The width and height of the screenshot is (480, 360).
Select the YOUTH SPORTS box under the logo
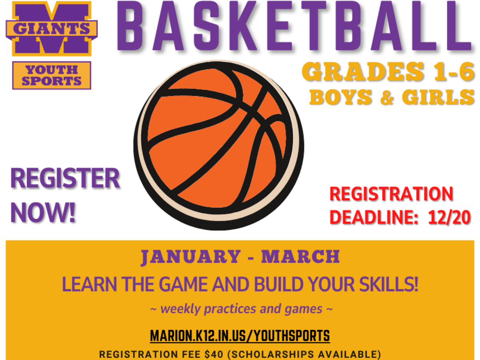point(52,75)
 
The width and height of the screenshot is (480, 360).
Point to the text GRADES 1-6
point(388,73)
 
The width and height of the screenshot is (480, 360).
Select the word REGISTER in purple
point(65,179)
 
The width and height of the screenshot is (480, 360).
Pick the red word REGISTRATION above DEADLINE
point(391,194)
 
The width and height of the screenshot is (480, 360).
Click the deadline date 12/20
point(449,217)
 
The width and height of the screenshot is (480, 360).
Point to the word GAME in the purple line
point(184,285)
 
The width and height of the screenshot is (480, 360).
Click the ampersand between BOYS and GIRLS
point(386,97)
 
